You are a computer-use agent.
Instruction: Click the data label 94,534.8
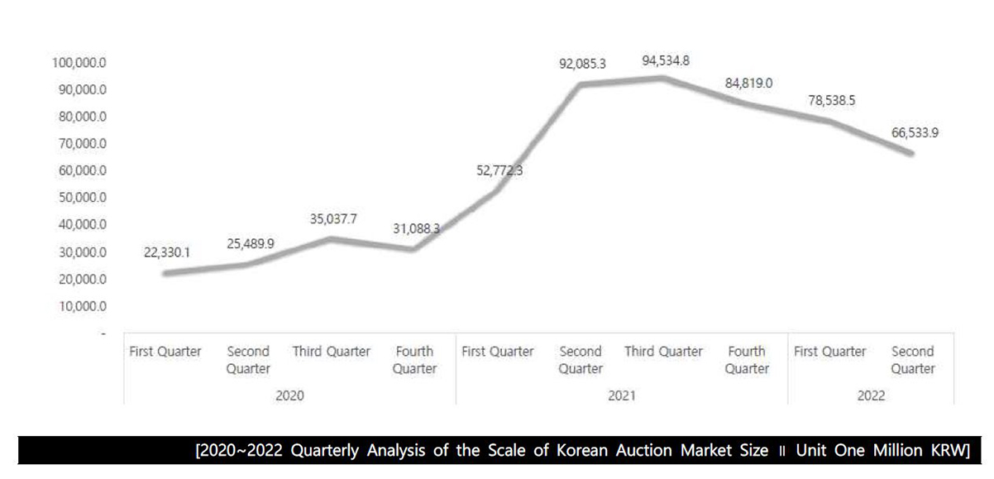point(666,61)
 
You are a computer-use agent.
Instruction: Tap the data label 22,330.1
point(166,252)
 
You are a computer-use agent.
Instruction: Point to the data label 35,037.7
point(333,219)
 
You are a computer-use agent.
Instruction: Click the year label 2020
point(289,395)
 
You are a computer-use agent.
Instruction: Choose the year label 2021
point(621,395)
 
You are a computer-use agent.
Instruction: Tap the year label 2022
point(871,395)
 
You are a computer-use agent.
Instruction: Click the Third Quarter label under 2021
point(663,352)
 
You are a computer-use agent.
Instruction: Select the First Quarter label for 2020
point(165,352)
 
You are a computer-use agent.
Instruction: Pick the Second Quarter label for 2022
point(912,360)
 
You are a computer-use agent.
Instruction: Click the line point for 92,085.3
point(581,84)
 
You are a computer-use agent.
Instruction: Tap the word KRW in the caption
point(951,452)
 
